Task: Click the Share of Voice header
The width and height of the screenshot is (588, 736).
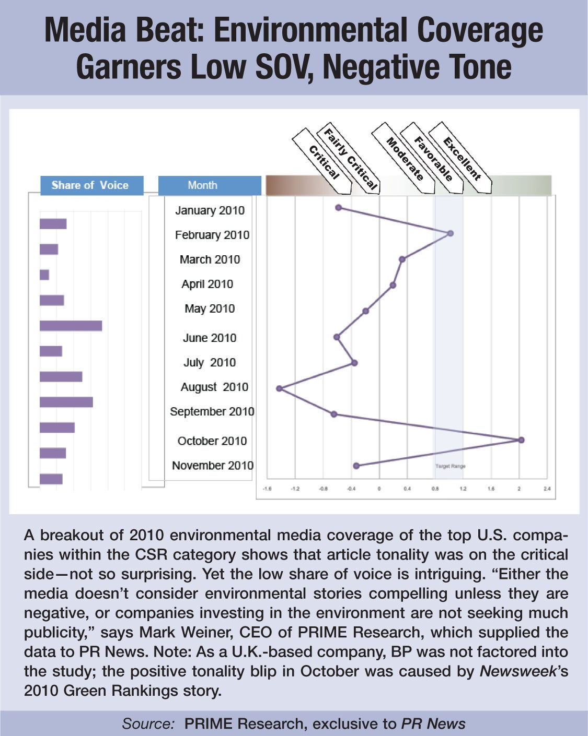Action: click(90, 185)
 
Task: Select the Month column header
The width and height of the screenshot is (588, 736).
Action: click(202, 185)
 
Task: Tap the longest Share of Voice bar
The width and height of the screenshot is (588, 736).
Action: click(71, 326)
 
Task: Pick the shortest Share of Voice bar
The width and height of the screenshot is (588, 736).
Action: click(44, 275)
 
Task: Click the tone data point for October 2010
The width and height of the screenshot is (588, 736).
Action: click(521, 440)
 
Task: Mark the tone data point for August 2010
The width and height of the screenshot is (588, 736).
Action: click(279, 388)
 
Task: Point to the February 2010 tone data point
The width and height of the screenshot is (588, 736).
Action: click(451, 233)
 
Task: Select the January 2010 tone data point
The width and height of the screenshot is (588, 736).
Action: click(339, 208)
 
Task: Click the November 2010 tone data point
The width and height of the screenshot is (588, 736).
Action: click(356, 466)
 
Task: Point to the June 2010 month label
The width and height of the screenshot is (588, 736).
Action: click(210, 338)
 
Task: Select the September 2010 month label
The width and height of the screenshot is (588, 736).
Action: click(212, 411)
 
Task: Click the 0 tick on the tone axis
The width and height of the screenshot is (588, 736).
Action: click(379, 489)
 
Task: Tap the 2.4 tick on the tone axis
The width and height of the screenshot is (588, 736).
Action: click(547, 489)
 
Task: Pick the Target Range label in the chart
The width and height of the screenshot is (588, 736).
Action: click(450, 466)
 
